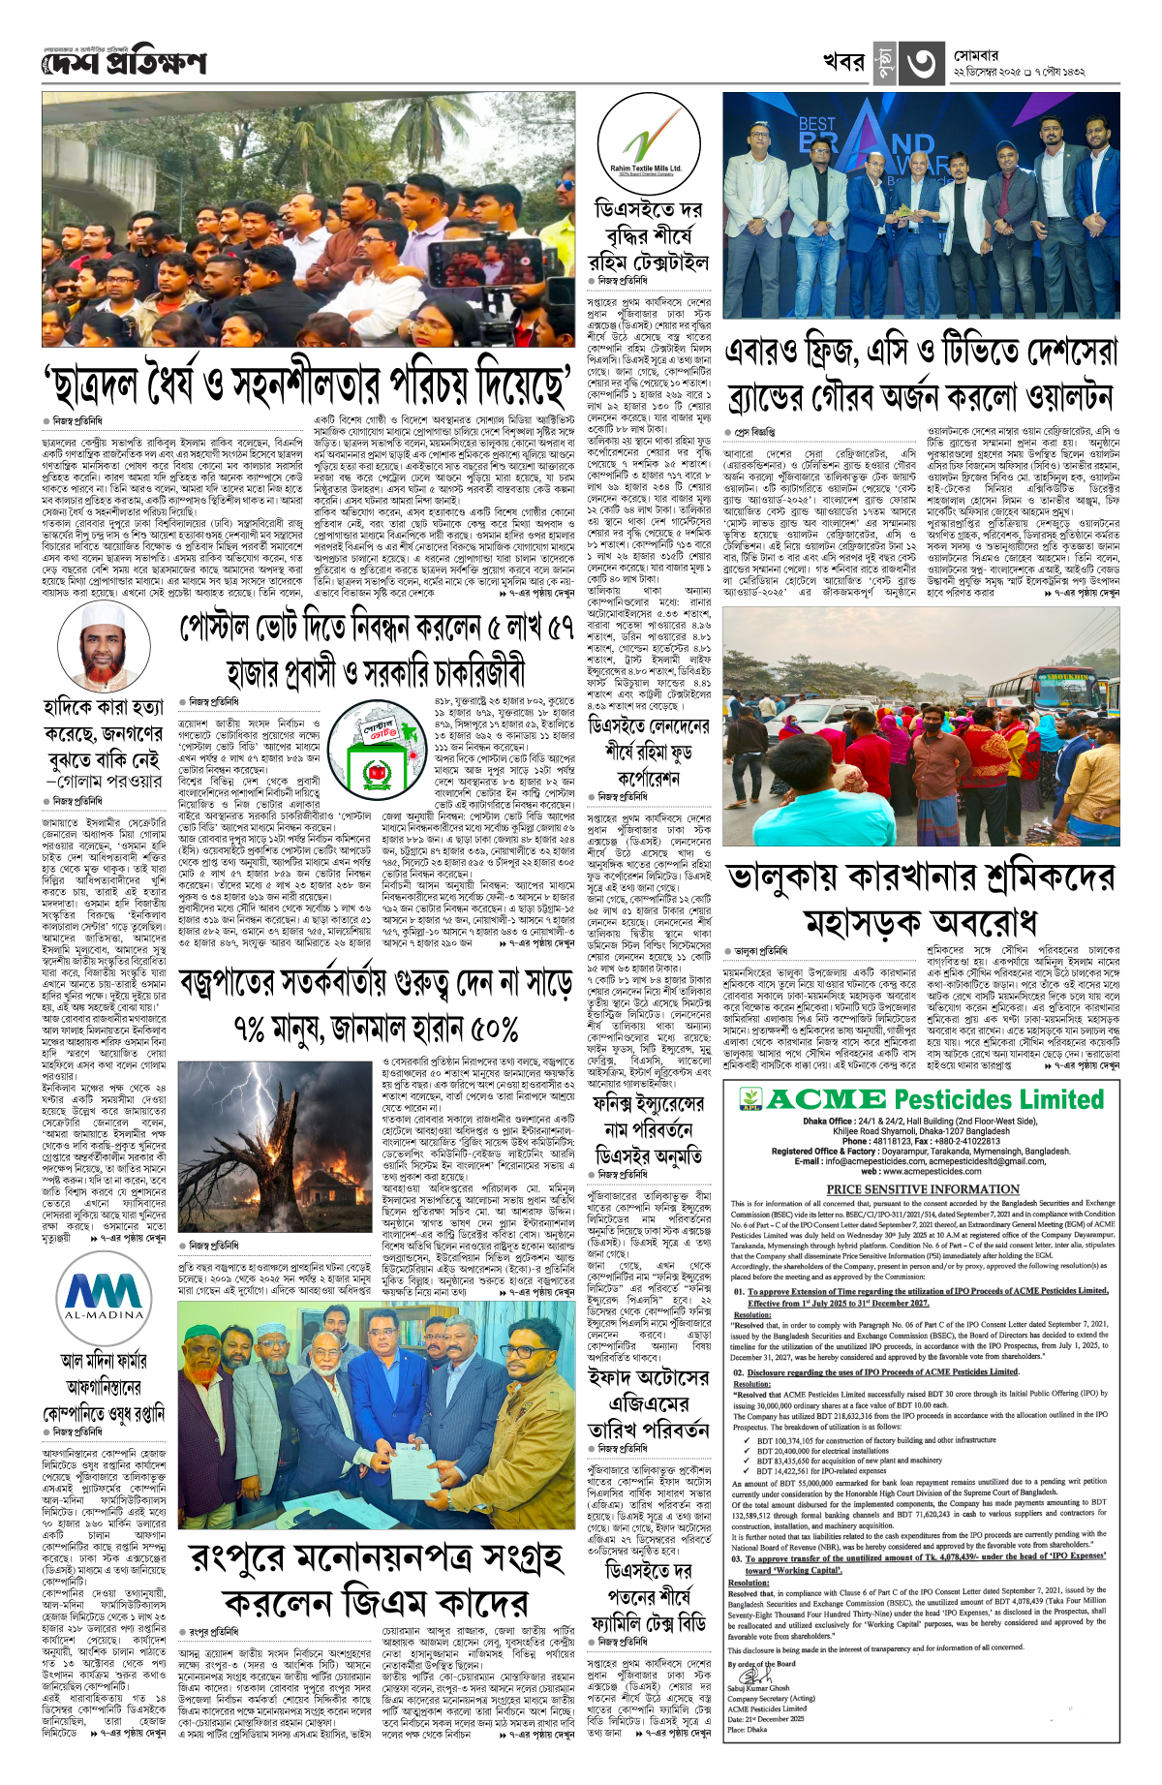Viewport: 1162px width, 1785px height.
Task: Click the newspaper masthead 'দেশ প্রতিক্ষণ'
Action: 124,62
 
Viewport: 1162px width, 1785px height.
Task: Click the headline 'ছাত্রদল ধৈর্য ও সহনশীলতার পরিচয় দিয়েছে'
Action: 306,385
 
